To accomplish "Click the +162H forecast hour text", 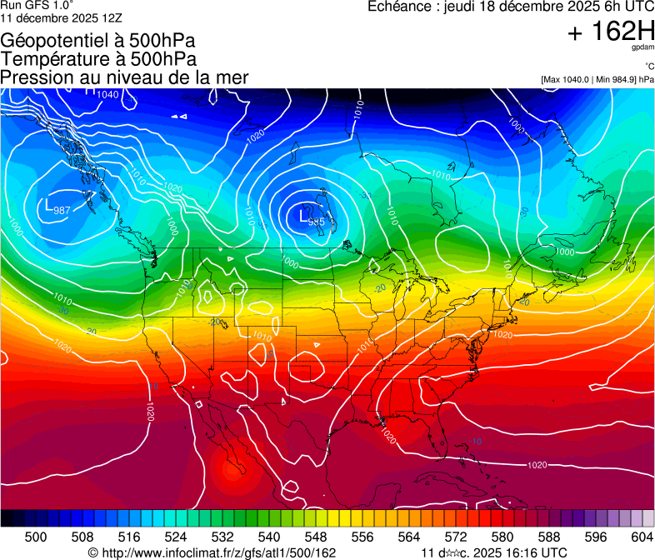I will pos(610,32).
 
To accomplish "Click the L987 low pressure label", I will pos(57,209).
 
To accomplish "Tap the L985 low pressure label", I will pos(312,221).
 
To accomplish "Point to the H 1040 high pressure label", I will pos(103,93).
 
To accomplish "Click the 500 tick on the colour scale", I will pos(36,537).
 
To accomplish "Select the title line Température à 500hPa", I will pos(98,59).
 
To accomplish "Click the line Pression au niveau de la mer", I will pos(124,77).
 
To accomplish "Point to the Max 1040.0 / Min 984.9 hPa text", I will pos(597,79).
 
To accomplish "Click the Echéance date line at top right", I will pos(511,7).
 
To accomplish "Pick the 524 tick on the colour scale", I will pos(175,537).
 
